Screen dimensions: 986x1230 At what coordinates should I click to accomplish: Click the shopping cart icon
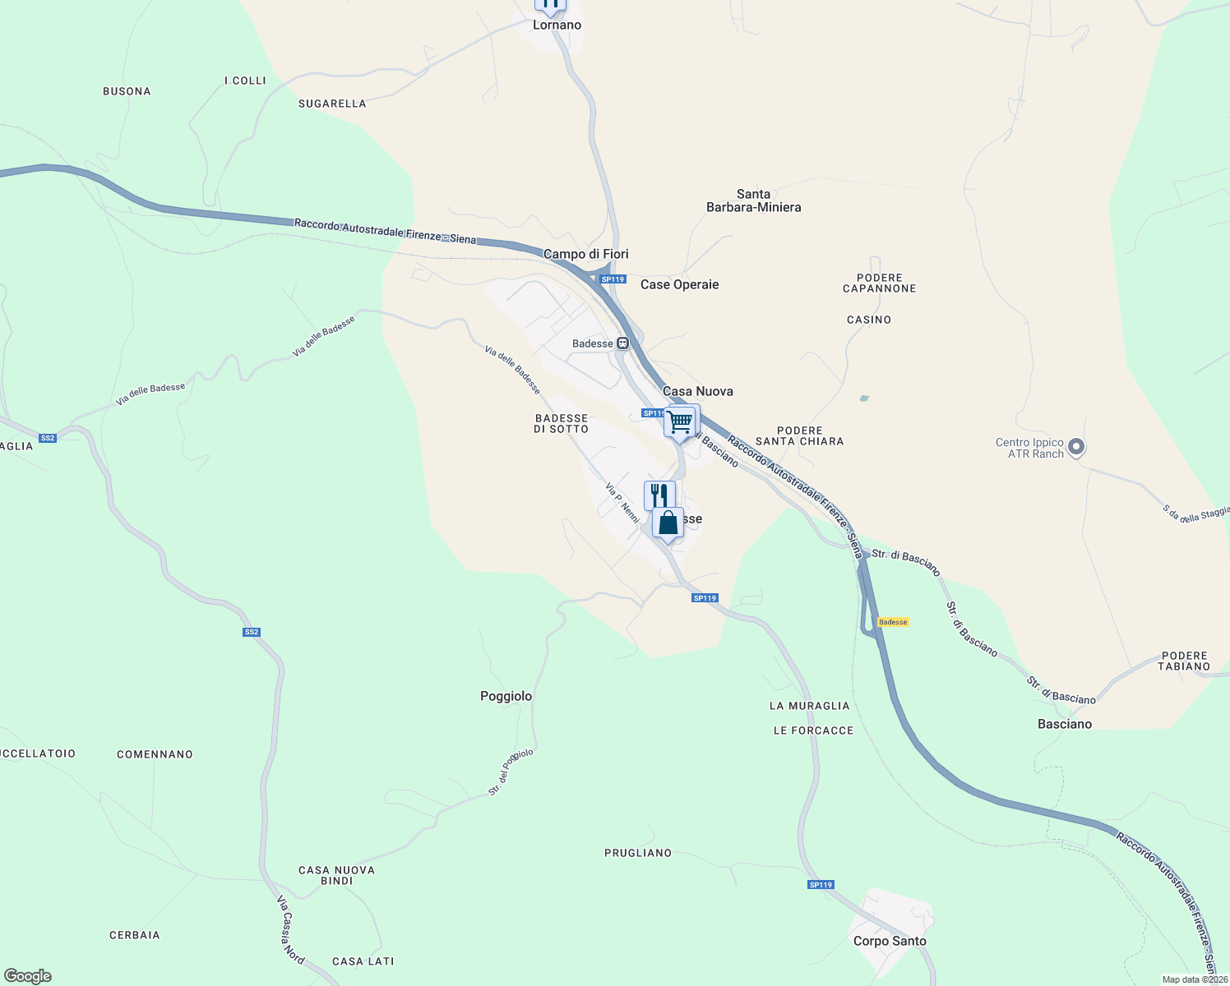pyautogui.click(x=681, y=422)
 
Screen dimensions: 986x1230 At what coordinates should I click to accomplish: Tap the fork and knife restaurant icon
pyautogui.click(x=659, y=495)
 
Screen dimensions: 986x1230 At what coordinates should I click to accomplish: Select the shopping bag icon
pyautogui.click(x=668, y=523)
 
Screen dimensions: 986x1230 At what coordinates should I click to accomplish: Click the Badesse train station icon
pyautogui.click(x=623, y=343)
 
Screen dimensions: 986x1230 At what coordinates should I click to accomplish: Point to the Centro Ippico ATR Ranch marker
pyautogui.click(x=1076, y=448)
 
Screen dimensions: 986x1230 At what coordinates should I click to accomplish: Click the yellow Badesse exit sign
pyautogui.click(x=893, y=622)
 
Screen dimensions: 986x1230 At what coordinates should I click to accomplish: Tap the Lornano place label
pyautogui.click(x=557, y=25)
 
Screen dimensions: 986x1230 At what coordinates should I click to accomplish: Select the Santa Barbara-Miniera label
pyautogui.click(x=753, y=200)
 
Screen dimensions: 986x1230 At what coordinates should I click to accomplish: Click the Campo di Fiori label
pyautogui.click(x=585, y=254)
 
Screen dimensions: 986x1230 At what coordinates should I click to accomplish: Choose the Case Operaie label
pyautogui.click(x=679, y=284)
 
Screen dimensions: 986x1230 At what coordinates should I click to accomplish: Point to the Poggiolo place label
pyautogui.click(x=506, y=696)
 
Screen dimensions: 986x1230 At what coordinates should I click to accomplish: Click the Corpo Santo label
pyautogui.click(x=890, y=941)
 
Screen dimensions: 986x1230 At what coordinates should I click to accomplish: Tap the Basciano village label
pyautogui.click(x=1065, y=724)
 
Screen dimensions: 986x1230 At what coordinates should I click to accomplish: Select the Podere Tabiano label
pyautogui.click(x=1184, y=661)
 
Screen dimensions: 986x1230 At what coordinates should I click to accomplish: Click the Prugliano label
pyautogui.click(x=638, y=853)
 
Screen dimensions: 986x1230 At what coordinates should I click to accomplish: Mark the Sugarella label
pyautogui.click(x=332, y=104)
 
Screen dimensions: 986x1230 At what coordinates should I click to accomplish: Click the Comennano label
pyautogui.click(x=155, y=754)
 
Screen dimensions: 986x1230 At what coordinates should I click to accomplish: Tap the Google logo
pyautogui.click(x=28, y=976)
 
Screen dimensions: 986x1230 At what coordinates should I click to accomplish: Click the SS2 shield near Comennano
pyautogui.click(x=252, y=632)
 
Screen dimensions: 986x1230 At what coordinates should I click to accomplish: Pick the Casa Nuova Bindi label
pyautogui.click(x=336, y=875)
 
